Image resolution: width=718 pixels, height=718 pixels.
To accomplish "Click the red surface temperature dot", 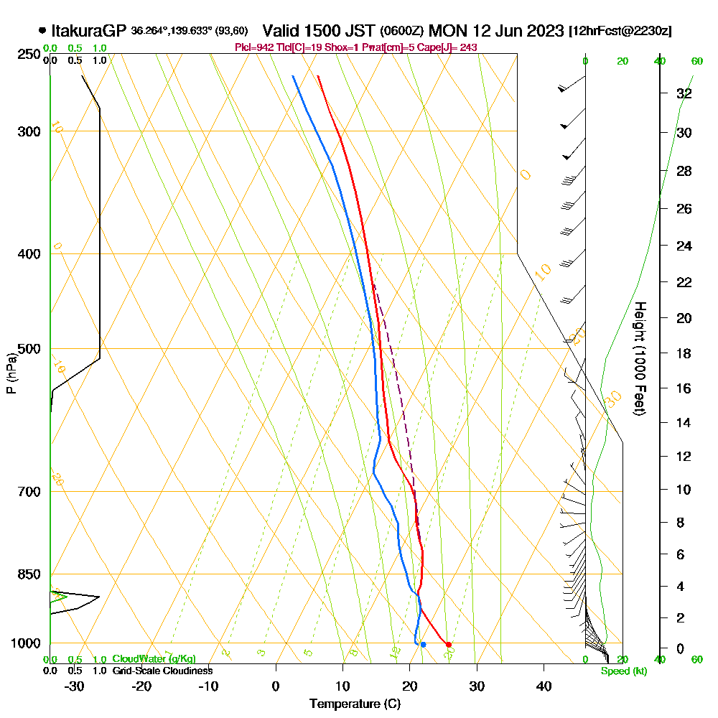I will click(x=448, y=645).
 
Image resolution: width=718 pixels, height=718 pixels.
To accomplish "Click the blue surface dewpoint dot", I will click(x=423, y=645).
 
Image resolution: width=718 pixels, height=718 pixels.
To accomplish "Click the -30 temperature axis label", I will click(x=75, y=686).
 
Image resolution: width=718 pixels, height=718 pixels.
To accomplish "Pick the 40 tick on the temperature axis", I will click(x=544, y=686).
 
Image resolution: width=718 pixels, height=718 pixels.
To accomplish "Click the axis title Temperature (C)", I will click(x=355, y=704).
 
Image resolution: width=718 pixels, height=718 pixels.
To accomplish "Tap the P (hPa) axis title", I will click(x=11, y=373).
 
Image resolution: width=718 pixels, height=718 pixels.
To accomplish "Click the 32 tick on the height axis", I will click(x=684, y=93).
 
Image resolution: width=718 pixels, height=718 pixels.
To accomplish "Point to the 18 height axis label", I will click(x=684, y=353).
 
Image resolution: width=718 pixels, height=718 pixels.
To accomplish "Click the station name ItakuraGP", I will click(x=90, y=31).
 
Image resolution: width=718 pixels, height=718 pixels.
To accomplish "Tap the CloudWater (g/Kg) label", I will click(x=154, y=659).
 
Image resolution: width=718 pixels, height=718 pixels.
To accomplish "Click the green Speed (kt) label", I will click(x=623, y=671).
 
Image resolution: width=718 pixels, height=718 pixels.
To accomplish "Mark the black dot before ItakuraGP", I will click(x=42, y=31).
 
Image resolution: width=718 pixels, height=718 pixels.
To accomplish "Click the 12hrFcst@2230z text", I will click(x=620, y=32).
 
